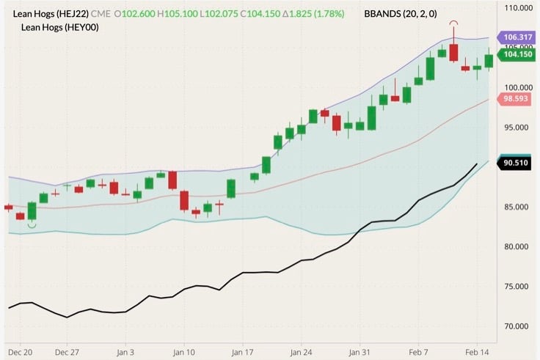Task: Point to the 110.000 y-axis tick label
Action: [514, 8]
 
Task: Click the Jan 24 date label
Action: [302, 352]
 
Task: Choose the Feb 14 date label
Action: [478, 352]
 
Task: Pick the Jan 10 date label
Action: [183, 352]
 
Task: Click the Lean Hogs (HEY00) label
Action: [59, 27]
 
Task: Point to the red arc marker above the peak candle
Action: [454, 24]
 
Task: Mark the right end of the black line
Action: [477, 164]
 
